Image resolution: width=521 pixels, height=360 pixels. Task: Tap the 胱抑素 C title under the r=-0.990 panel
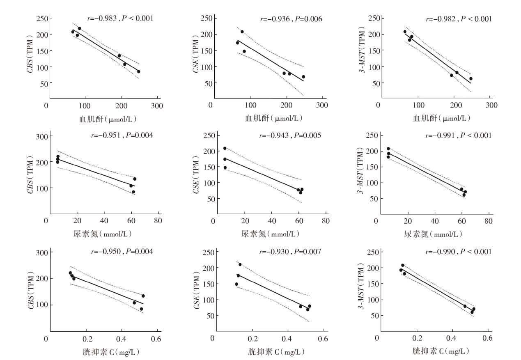[x=441, y=351]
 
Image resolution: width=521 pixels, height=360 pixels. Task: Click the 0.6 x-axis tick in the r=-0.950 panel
[x=156, y=339]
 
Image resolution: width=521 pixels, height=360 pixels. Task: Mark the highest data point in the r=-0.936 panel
[x=242, y=32]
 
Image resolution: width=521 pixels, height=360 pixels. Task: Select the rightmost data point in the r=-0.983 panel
[x=139, y=71]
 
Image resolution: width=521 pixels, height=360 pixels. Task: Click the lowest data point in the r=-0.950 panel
[x=141, y=309]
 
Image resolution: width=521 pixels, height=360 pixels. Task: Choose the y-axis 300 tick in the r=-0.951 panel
[x=42, y=136]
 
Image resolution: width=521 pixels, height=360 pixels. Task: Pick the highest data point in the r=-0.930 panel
[x=240, y=264]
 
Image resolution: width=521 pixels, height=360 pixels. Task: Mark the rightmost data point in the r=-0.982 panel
[x=471, y=78]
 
